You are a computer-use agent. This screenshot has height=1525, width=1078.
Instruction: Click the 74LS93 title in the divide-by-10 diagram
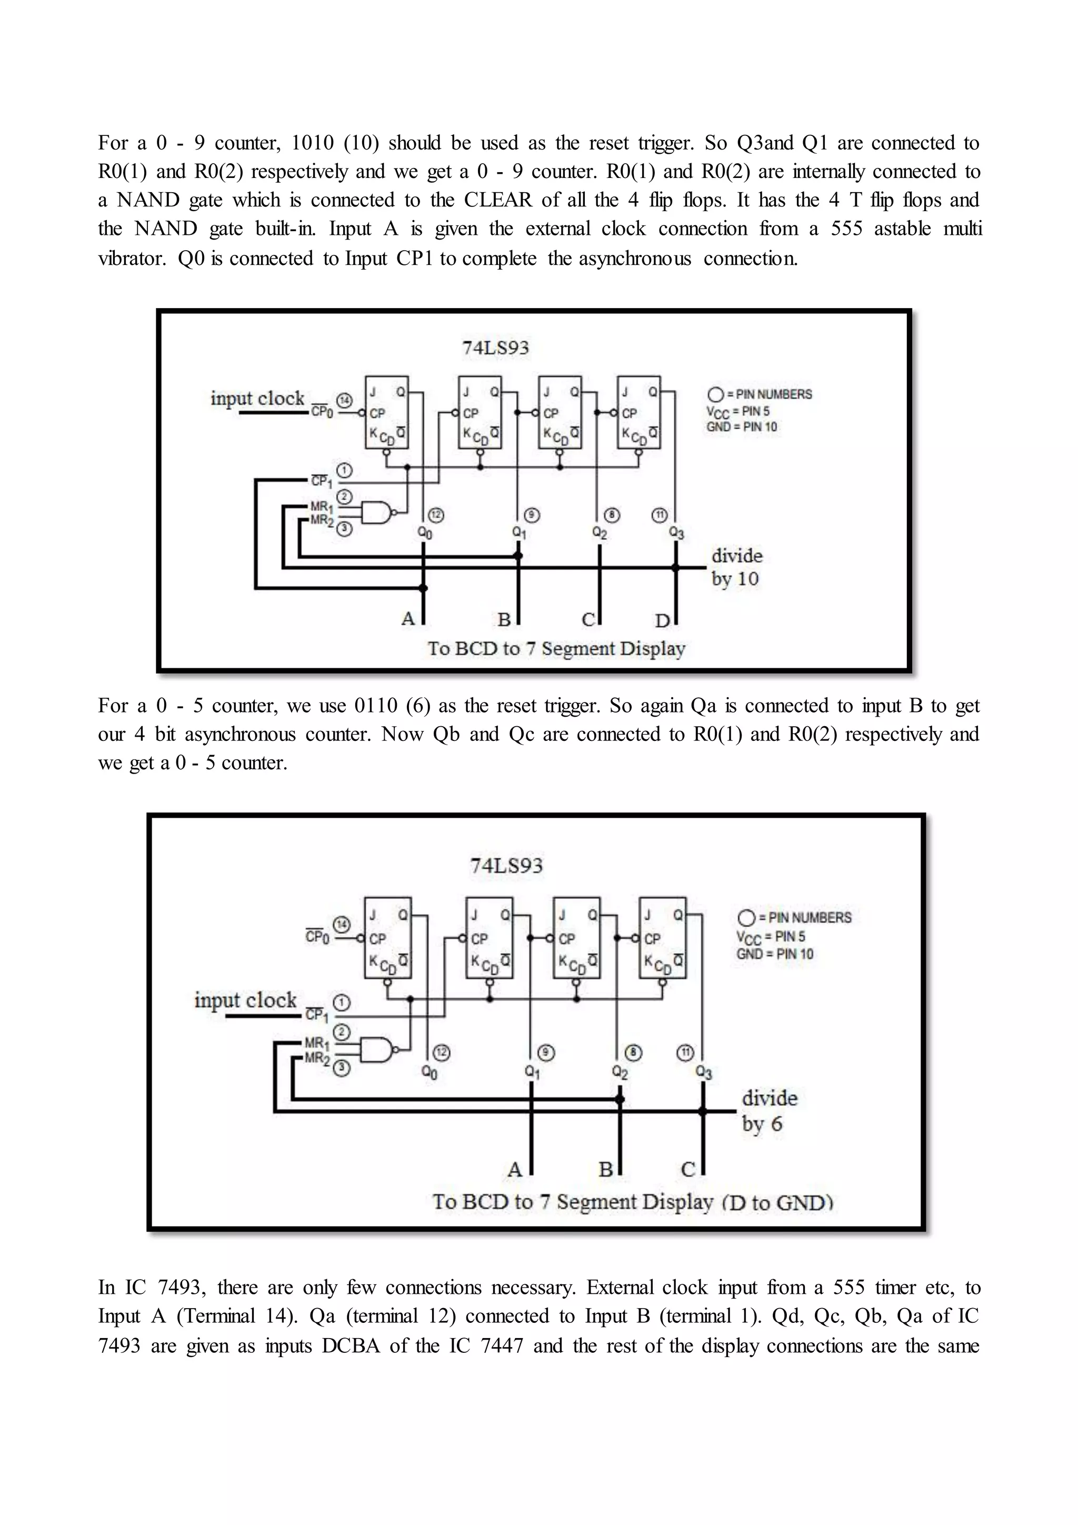click(x=495, y=348)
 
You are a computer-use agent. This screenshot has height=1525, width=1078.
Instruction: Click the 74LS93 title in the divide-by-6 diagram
click(x=506, y=866)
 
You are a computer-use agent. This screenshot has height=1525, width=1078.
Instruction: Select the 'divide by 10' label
click(x=736, y=567)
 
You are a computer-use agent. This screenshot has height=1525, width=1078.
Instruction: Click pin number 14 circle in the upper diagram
click(x=344, y=401)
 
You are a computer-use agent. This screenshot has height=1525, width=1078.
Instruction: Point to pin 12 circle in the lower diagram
click(x=442, y=1052)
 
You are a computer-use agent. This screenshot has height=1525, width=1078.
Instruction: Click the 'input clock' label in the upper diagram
click(x=257, y=399)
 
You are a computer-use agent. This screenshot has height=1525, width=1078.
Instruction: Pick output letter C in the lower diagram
click(x=688, y=1169)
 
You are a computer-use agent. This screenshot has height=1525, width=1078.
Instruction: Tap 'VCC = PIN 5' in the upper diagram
click(x=737, y=412)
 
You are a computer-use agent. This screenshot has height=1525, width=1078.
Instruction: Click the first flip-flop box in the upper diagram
click(x=386, y=412)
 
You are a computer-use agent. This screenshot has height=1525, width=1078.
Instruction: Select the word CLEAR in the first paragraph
click(x=498, y=200)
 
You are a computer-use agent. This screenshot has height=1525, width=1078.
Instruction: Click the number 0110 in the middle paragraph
click(x=376, y=706)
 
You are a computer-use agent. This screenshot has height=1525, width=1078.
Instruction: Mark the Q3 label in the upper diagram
click(x=676, y=533)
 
